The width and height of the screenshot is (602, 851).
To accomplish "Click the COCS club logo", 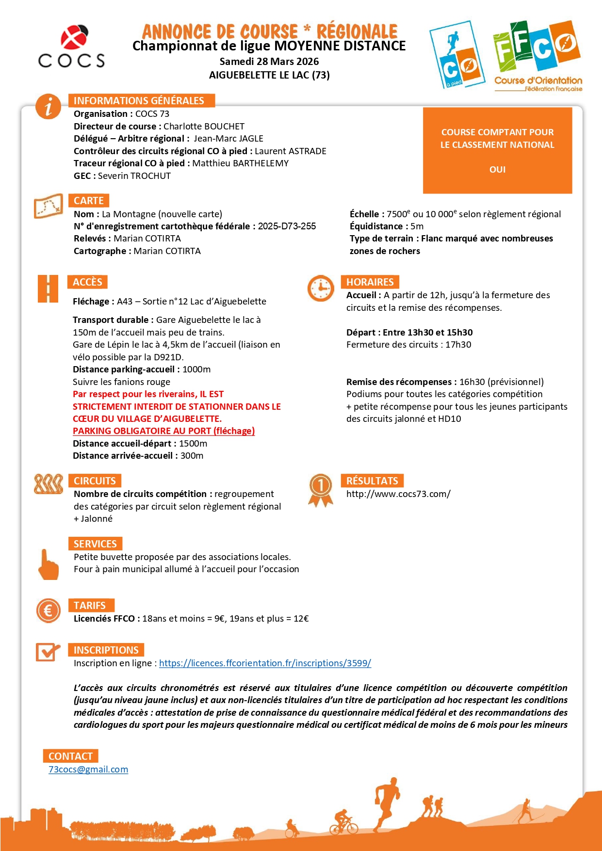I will pos(71,47).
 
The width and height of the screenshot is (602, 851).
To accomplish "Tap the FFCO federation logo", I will pos(537,55).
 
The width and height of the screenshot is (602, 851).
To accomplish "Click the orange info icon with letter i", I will pos(48,106).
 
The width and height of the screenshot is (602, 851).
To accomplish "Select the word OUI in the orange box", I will pos(497,170).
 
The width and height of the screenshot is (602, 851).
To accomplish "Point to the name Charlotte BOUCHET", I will pos(204,127).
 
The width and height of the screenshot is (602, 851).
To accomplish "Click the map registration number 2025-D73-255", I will pos(287,226).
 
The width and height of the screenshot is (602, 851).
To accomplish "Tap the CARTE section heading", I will pos(89,201).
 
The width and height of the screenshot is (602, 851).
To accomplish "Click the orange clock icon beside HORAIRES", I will pos(321,288).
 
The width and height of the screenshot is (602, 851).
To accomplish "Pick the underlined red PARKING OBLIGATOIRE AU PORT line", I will pos(163,431).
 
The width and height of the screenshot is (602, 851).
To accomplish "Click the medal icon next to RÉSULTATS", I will pos(321,489).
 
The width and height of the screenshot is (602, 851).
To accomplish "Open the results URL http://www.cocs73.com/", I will pos(398,494).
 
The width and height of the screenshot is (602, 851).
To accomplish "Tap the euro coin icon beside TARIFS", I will pos(48,610).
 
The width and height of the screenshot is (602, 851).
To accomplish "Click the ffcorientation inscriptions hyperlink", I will pos(265,663).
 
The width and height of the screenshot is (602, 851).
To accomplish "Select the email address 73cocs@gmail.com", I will pos(88,770).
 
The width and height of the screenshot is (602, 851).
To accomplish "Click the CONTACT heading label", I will pos(71,756).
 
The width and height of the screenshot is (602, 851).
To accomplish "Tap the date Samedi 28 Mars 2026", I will pos(269,62).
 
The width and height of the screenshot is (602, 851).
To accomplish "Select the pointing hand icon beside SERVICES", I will pos(48,565).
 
